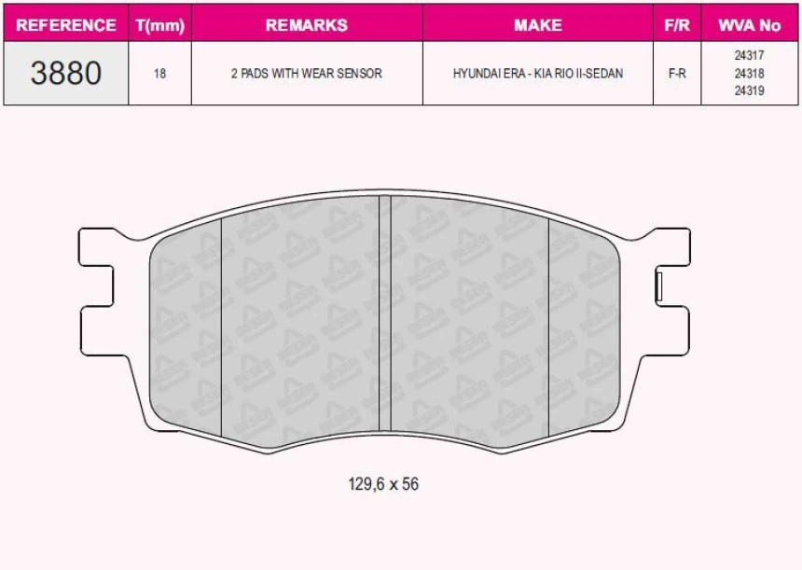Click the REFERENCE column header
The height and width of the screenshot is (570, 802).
[66, 25]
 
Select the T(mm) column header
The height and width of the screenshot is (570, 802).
[159, 25]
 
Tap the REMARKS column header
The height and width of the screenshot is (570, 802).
[306, 25]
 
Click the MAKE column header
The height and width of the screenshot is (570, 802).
[537, 25]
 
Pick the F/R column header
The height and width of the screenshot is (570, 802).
[677, 25]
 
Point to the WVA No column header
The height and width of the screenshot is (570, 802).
[750, 25]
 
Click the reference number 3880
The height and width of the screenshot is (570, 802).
[66, 73]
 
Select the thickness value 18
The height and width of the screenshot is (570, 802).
[159, 74]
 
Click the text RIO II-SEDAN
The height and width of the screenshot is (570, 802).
[586, 74]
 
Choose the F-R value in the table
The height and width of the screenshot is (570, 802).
[677, 74]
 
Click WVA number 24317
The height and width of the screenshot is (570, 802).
[750, 56]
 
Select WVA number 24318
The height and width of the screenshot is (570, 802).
[750, 74]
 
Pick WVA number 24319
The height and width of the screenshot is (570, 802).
[750, 91]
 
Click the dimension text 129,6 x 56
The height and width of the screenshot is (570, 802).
[383, 484]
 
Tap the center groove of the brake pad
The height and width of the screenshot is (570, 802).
[383, 317]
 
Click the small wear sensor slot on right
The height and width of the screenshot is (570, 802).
[659, 284]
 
